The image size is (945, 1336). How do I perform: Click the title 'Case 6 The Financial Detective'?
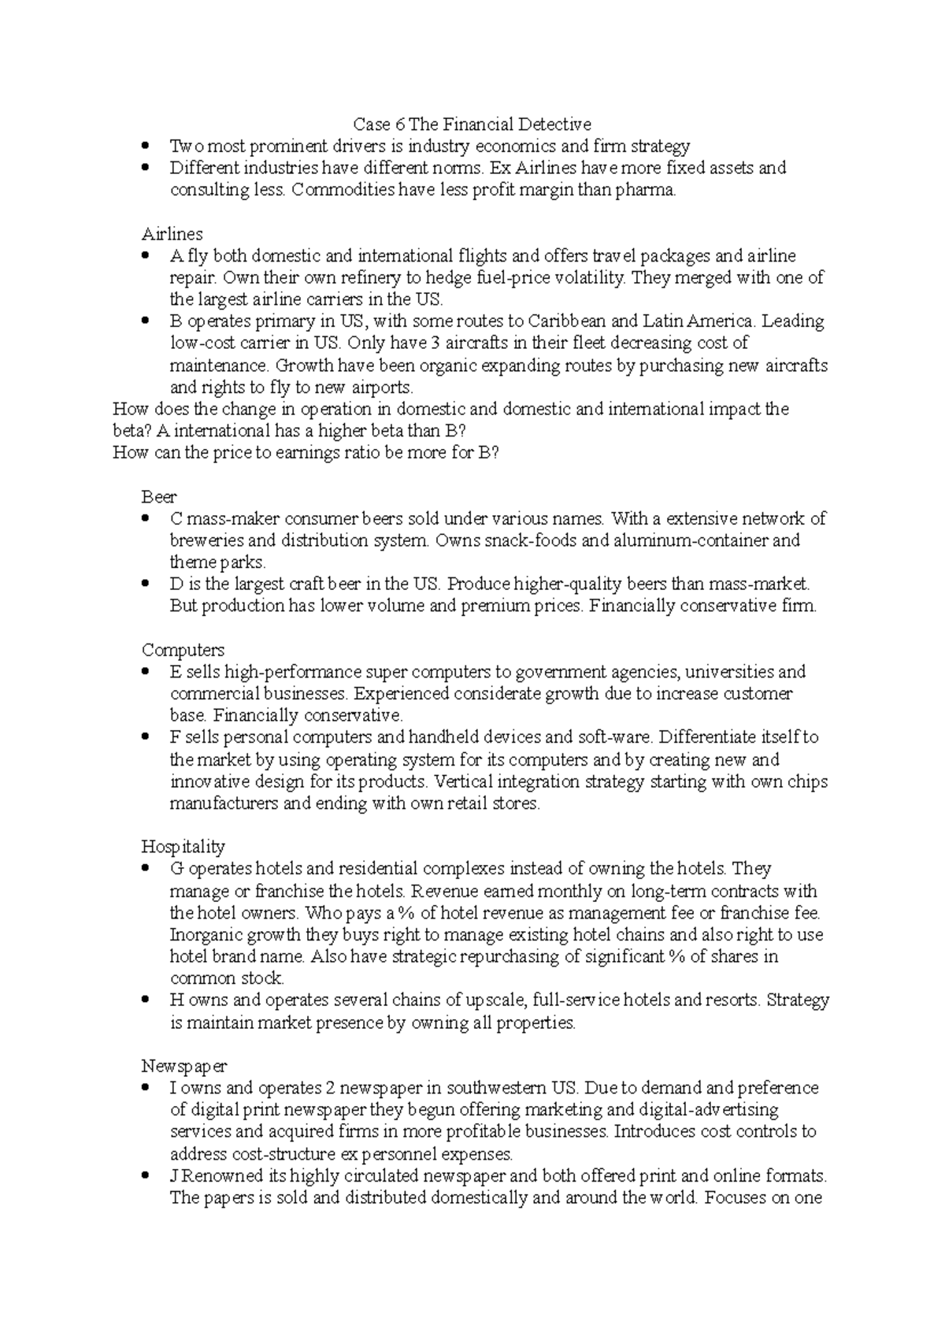(472, 124)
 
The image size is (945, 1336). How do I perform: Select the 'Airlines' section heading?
(172, 234)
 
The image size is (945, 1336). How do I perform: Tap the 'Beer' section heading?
(159, 497)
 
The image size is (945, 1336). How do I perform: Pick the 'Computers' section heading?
(183, 650)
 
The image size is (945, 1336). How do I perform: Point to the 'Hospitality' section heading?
(183, 847)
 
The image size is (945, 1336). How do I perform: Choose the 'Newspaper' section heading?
(183, 1066)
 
